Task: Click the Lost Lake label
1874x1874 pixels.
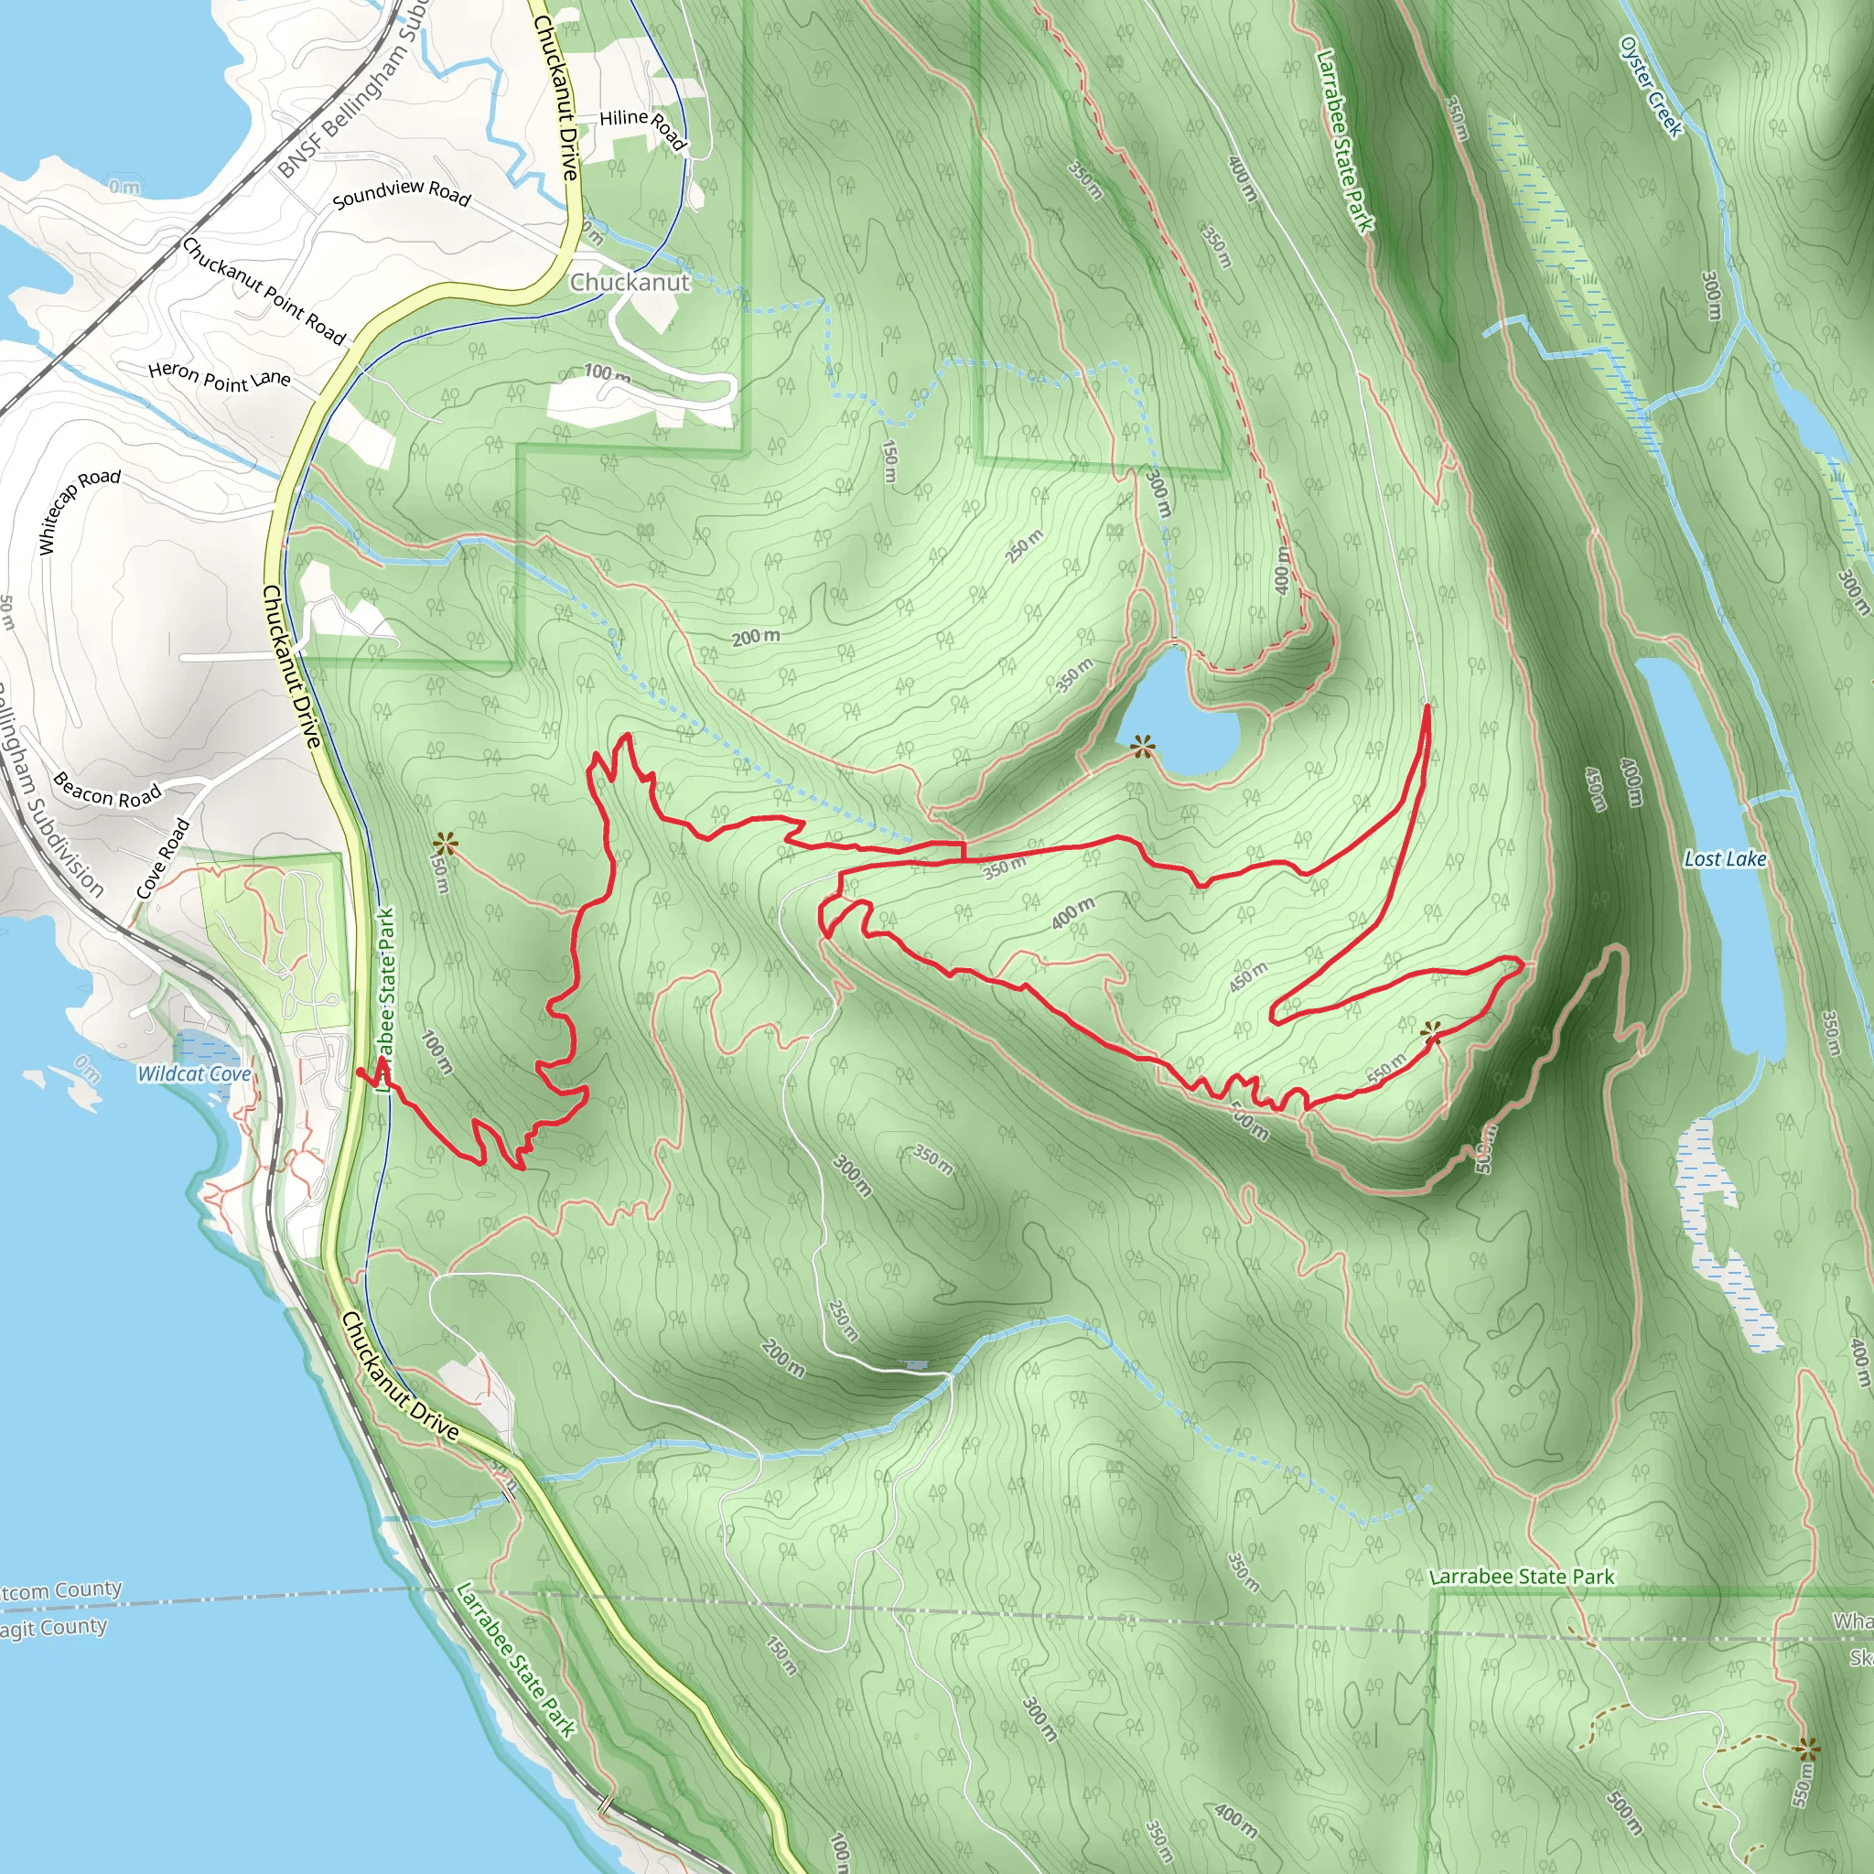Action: click(1725, 858)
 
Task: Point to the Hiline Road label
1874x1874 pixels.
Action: click(643, 127)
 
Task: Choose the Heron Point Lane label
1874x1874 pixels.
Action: click(220, 377)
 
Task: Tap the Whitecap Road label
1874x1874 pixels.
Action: click(80, 511)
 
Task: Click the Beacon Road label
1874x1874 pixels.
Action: click(107, 791)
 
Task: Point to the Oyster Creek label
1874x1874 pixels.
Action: click(1651, 86)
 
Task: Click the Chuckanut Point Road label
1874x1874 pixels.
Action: click(264, 291)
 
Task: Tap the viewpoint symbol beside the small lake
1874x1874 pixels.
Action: click(1144, 746)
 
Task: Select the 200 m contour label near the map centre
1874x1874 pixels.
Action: click(756, 637)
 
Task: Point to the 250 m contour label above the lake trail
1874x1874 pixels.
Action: click(1024, 546)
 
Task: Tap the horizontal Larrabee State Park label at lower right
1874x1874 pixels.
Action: click(1522, 1577)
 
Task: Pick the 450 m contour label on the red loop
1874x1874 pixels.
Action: click(1248, 976)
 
